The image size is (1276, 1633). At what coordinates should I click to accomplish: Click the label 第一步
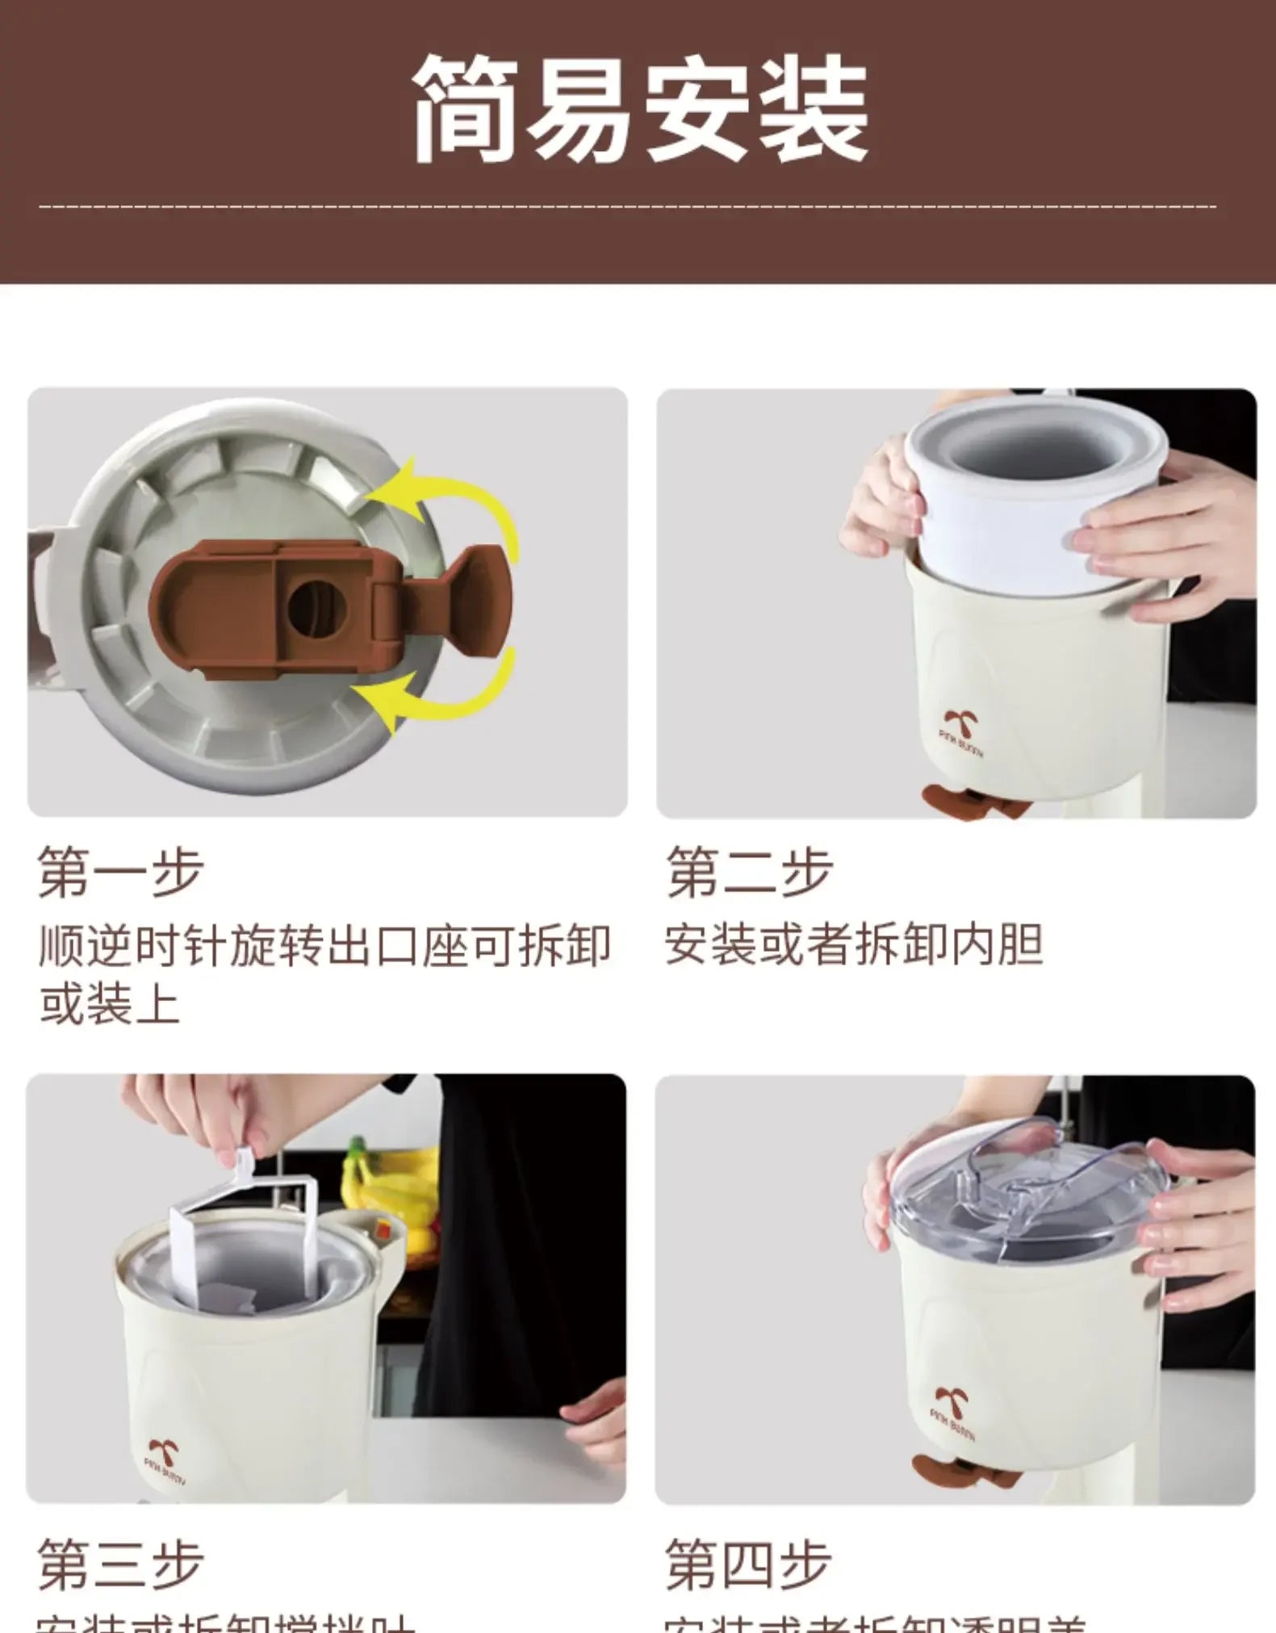point(121,872)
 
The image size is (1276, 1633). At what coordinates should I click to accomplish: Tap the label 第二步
point(749,872)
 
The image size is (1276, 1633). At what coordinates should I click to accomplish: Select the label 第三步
point(121,1564)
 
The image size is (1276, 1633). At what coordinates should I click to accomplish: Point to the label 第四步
point(747,1564)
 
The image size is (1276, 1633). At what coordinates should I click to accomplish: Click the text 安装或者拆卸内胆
point(853,944)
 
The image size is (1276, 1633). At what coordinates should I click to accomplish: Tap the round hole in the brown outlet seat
point(316,607)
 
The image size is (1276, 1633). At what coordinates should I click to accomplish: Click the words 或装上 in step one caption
point(110,1005)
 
